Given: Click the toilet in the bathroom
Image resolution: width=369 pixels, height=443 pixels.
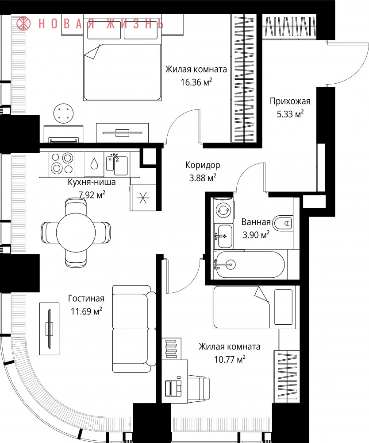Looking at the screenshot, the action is click(283, 223).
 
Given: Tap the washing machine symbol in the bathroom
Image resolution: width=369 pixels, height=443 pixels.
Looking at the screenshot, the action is click(223, 210).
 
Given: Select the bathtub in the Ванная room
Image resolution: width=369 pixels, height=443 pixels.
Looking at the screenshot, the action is click(250, 265).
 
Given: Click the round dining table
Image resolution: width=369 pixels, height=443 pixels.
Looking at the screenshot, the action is click(76, 233).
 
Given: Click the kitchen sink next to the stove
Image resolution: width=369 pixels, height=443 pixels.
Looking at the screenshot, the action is click(117, 164).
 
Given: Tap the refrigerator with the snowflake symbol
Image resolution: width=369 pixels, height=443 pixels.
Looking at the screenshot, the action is click(143, 198).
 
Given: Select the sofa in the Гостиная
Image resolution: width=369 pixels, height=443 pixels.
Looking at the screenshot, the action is click(134, 329).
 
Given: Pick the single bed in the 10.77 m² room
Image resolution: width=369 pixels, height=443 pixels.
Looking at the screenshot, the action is click(256, 307).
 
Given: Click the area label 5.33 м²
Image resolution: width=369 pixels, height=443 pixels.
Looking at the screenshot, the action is click(290, 114).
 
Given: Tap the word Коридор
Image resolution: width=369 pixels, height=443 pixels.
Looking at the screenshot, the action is click(203, 165).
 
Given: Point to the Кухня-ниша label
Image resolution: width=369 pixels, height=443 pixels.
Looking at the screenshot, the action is click(92, 182).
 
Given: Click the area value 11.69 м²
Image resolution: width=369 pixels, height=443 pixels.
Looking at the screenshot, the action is click(86, 311).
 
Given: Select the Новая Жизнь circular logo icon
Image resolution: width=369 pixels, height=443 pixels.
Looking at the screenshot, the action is click(23, 23).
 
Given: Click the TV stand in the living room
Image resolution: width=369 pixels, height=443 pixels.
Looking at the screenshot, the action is click(50, 329).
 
